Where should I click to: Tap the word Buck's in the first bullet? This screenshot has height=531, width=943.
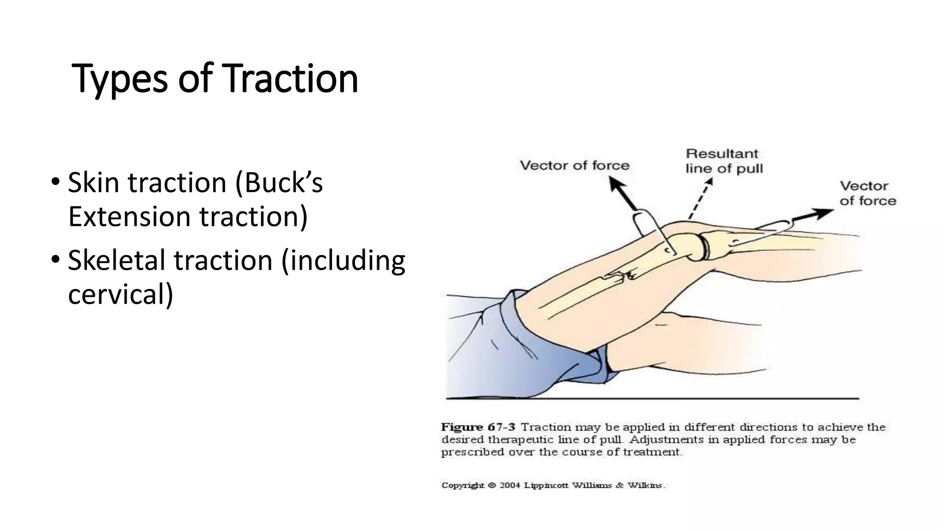coord(279,183)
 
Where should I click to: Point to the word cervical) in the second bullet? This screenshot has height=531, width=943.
coord(121,294)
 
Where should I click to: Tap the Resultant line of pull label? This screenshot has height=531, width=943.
coord(723,161)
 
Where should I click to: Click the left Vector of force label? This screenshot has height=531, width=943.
coord(574,165)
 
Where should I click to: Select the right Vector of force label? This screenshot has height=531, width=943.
coord(867,193)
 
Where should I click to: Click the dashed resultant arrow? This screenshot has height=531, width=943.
coord(700,199)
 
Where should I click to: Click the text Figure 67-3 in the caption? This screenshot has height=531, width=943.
coord(477,427)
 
